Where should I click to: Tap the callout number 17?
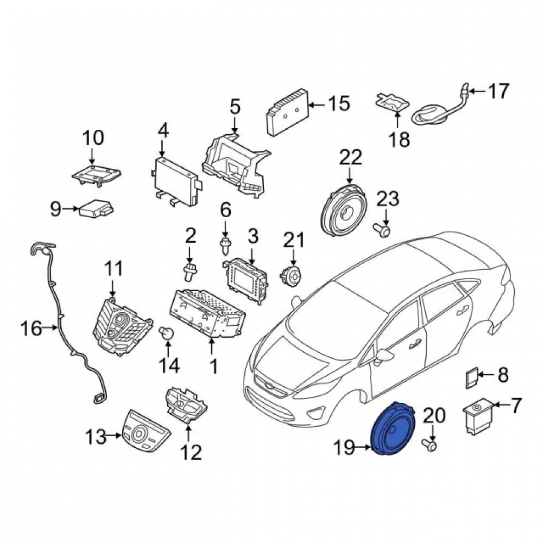pos(498,91)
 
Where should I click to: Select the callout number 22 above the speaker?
pos(350,158)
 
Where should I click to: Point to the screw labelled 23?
pos(381,229)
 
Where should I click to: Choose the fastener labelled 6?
pos(226,246)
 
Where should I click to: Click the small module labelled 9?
pos(97,208)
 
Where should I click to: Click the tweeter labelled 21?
pos(291,275)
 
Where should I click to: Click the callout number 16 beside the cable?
pos(31,328)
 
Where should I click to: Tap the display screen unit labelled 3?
pos(245,277)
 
